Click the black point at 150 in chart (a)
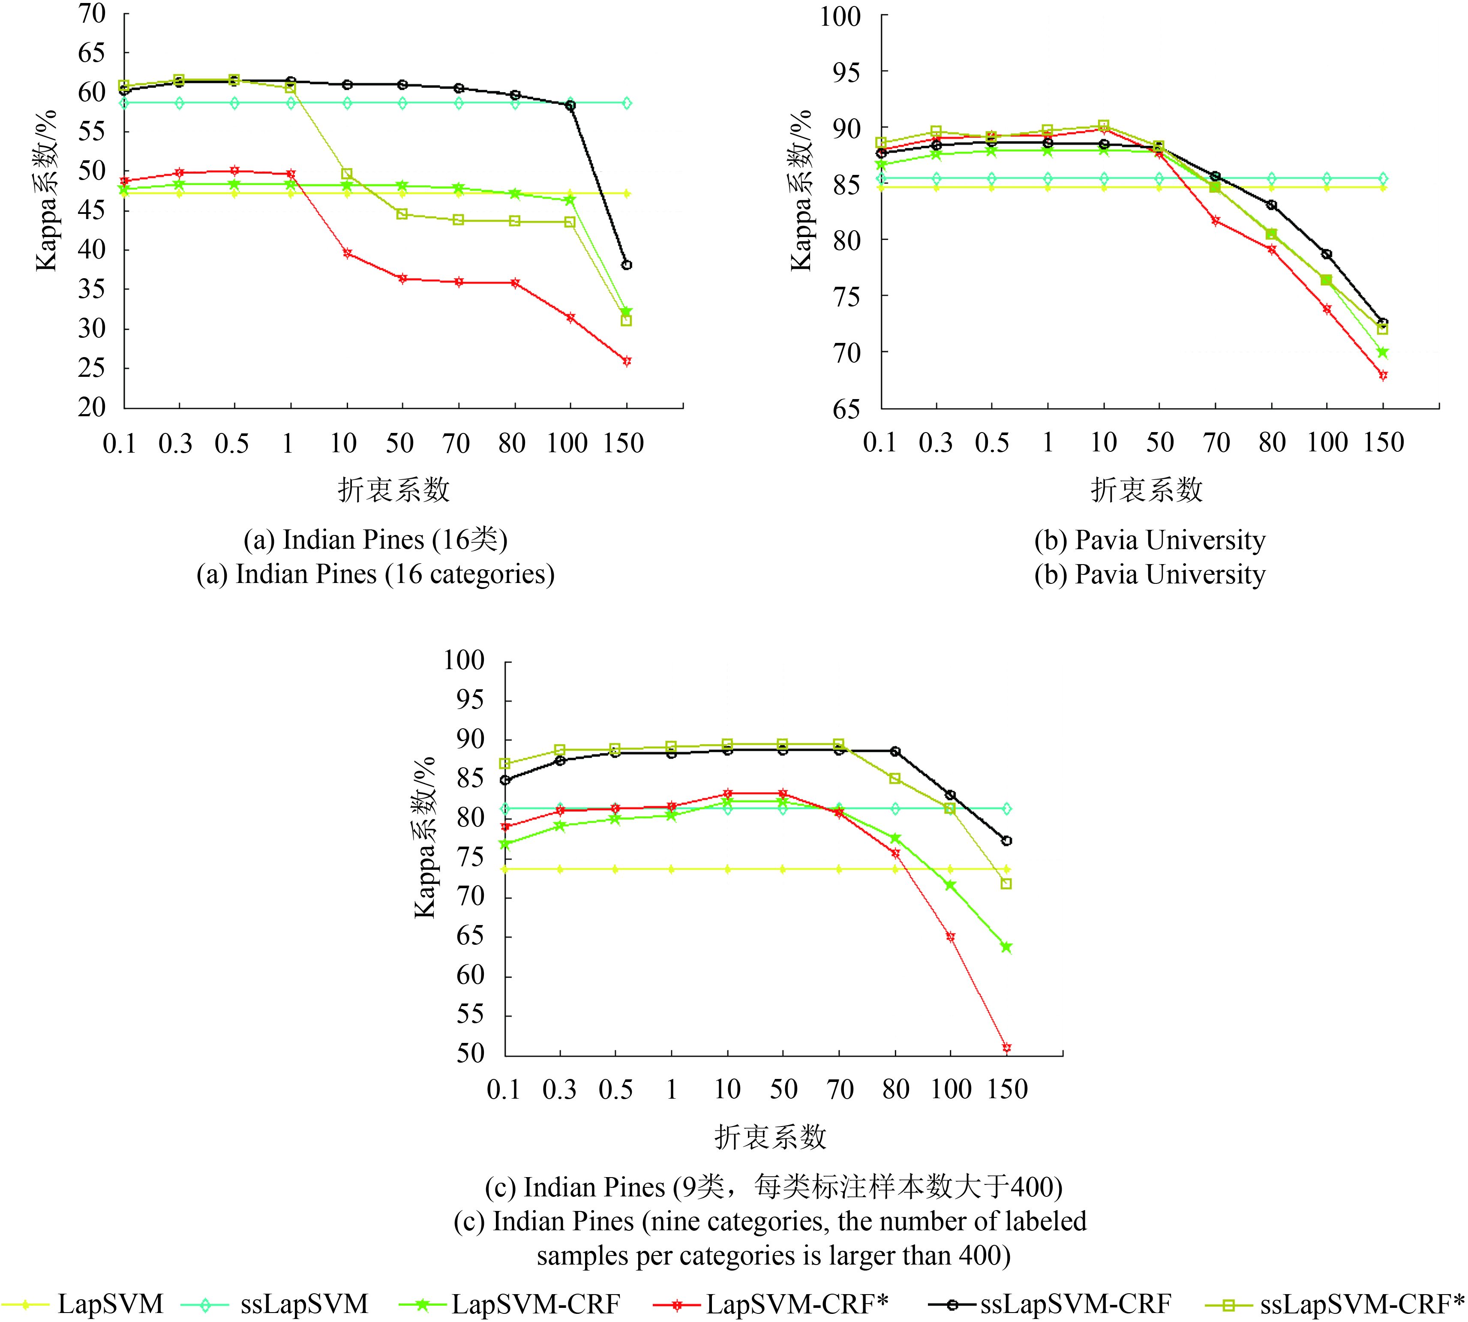tap(626, 265)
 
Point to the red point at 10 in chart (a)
tap(347, 253)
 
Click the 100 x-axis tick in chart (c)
tap(951, 1090)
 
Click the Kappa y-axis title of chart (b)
tap(801, 190)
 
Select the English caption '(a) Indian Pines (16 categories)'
tap(375, 574)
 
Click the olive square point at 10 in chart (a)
tap(347, 174)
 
